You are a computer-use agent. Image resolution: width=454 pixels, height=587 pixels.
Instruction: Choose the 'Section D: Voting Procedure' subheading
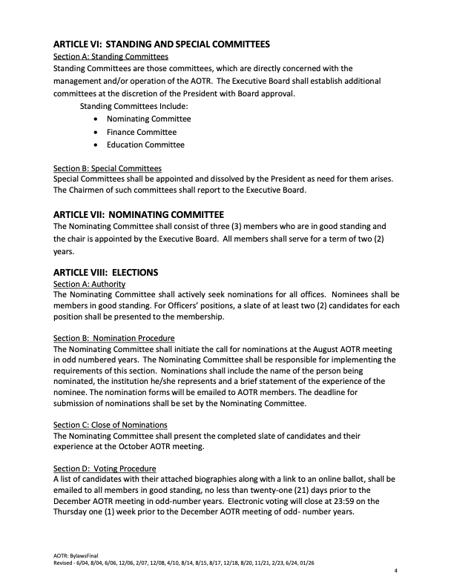click(105, 468)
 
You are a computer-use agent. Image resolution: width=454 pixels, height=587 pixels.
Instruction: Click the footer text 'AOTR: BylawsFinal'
click(76, 554)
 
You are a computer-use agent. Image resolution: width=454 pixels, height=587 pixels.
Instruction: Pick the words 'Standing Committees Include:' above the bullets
click(134, 106)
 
